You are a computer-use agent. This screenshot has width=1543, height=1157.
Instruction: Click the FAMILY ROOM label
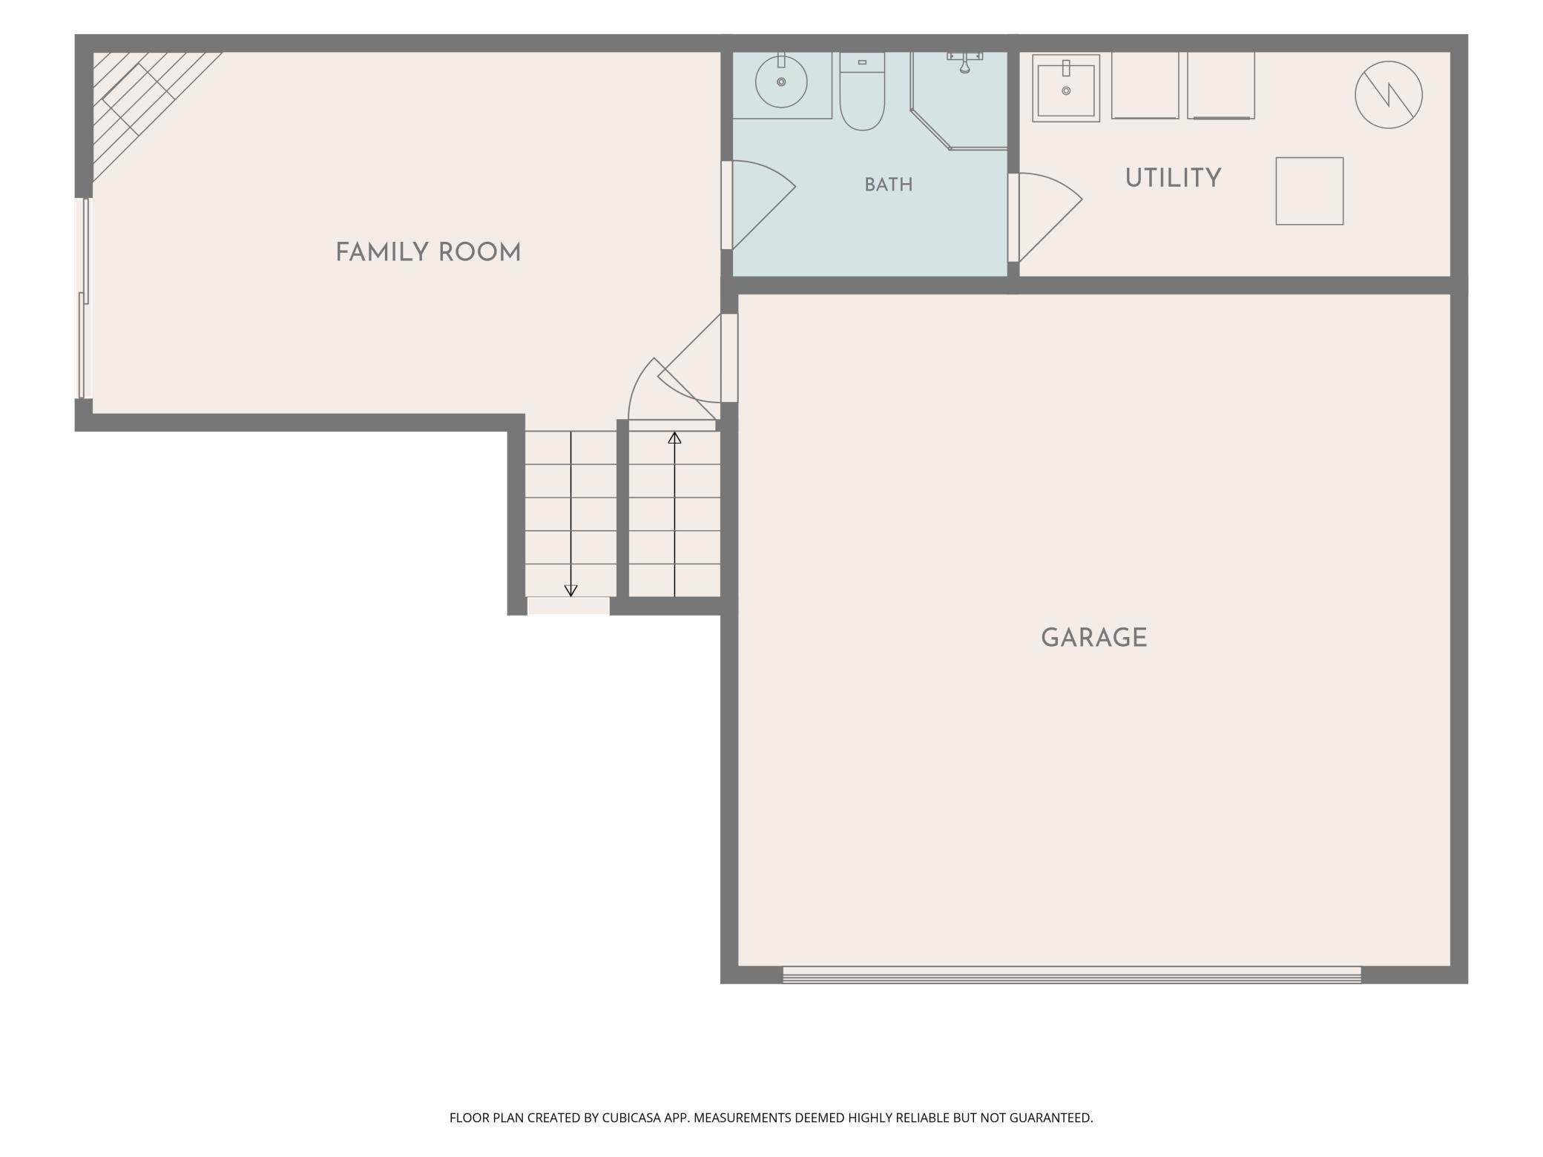tap(428, 253)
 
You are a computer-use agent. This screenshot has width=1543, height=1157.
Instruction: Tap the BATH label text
tap(889, 185)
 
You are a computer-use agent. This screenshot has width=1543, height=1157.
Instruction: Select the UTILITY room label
tap(1173, 178)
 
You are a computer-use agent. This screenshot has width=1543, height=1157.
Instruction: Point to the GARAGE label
tap(1094, 638)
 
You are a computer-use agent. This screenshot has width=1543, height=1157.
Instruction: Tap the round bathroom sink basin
tap(781, 82)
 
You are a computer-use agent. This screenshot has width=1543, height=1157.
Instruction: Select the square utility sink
tap(1066, 88)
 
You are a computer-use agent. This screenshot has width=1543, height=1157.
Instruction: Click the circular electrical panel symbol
tap(1389, 95)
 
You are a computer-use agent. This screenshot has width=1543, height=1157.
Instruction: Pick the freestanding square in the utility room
tap(1309, 191)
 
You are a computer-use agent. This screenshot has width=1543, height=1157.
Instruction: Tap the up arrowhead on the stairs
tap(674, 438)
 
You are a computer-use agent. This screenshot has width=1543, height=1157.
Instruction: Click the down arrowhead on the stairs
tap(570, 590)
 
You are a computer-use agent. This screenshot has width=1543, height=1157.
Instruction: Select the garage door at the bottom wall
tap(1072, 975)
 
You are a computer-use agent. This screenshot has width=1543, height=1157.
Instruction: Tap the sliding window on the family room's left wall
tap(85, 298)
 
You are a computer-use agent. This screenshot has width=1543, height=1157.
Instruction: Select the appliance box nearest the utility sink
tap(1145, 85)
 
